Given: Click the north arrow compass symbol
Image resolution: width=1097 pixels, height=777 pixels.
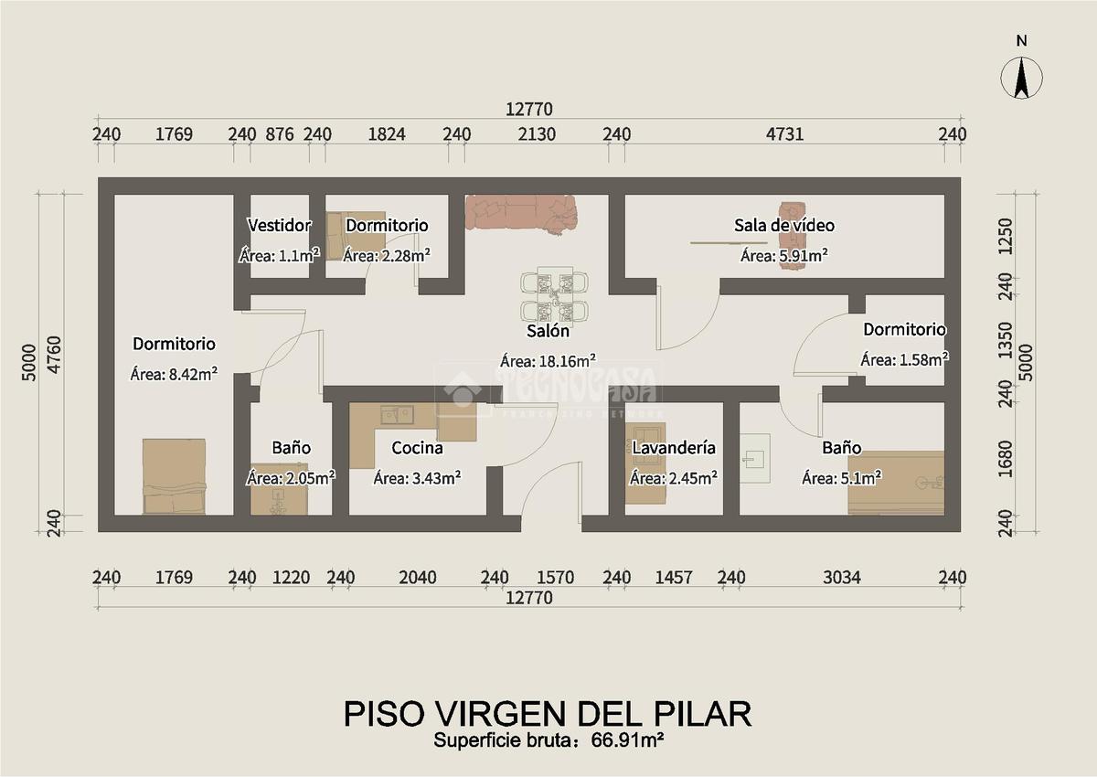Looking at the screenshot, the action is (1021, 79).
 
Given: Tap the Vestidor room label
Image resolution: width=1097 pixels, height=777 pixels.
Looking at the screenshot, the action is (279, 225).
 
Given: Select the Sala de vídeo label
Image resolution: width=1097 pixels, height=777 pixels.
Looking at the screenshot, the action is (784, 225).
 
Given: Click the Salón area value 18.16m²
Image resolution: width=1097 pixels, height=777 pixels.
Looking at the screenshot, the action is (567, 361).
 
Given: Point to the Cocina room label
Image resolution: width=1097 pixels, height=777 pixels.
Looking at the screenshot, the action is (417, 448).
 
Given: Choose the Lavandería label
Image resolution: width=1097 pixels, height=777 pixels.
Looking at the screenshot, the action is (674, 448).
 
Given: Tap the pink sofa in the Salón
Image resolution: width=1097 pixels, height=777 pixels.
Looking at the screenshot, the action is (521, 213).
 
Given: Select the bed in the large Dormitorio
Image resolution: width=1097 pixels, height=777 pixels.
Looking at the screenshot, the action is (174, 476).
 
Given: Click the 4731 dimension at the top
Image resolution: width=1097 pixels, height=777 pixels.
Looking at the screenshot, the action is (784, 134).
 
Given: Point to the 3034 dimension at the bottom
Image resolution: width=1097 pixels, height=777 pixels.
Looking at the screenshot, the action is (842, 578).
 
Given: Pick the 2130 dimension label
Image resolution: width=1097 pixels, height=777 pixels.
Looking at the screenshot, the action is (537, 134).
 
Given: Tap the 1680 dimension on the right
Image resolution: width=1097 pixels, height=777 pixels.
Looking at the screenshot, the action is (1005, 459).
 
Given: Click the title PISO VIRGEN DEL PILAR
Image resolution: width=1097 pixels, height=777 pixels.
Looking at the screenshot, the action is (548, 713).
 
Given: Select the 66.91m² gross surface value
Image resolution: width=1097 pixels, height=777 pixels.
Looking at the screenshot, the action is (627, 740).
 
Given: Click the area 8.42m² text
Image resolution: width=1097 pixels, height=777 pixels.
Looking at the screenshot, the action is (193, 375).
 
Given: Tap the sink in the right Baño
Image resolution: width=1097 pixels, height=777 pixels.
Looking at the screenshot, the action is (755, 458).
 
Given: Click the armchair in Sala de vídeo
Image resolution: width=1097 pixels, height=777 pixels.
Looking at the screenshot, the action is (793, 236).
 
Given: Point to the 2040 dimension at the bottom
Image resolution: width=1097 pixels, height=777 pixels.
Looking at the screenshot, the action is (417, 578).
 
